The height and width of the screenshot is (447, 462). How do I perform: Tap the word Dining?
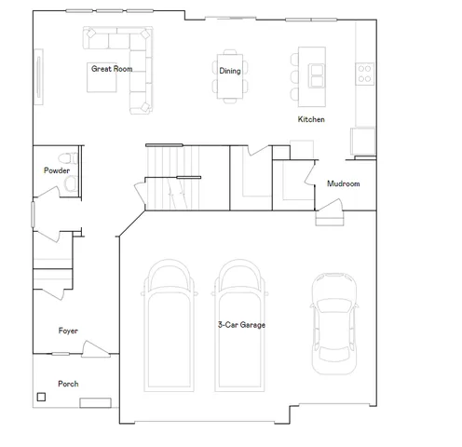point(229,71)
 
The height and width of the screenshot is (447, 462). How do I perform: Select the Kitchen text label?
point(311,119)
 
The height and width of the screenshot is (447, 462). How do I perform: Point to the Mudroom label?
point(343,183)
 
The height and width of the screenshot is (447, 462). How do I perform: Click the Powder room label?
point(56,170)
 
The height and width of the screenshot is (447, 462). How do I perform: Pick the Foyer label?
point(68,331)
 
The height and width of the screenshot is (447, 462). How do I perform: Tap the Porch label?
point(68,384)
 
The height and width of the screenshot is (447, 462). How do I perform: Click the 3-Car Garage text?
point(241,325)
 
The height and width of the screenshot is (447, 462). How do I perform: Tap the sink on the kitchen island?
point(317,71)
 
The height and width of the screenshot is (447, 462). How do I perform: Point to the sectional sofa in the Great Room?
point(130,56)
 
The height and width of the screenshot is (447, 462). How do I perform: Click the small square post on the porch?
point(41,398)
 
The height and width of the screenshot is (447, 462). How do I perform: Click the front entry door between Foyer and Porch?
point(92,350)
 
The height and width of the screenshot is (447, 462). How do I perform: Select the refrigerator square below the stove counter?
point(363,141)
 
